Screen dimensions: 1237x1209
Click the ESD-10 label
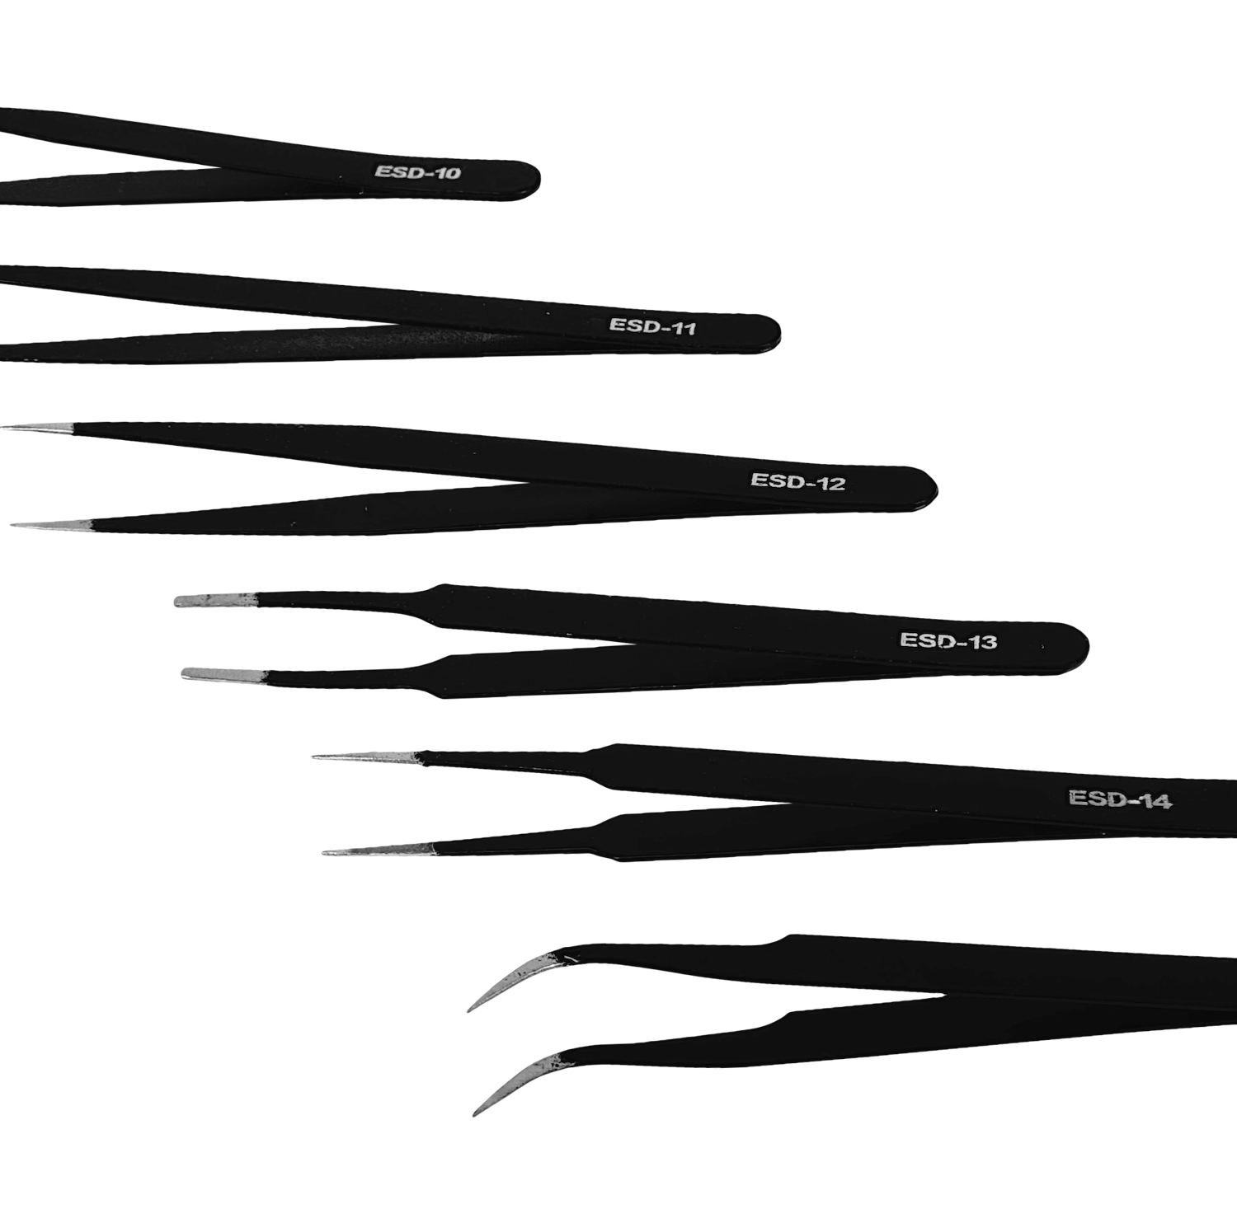point(417,172)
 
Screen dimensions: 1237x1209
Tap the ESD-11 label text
point(652,326)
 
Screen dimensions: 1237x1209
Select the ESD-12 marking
point(797,480)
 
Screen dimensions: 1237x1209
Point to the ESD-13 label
point(948,640)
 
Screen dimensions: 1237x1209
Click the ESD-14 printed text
point(1120,799)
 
